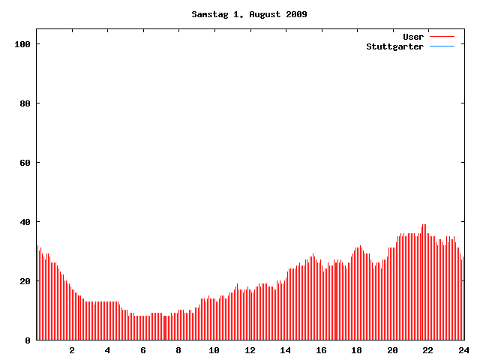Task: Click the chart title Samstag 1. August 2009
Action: pos(249,14)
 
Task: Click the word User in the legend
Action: pos(413,37)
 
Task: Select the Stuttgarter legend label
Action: pos(394,46)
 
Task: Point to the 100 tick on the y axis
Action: pos(22,44)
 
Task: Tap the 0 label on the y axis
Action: pos(28,340)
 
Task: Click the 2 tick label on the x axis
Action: pos(72,350)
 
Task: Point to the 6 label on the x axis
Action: pos(143,350)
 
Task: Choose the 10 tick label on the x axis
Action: pos(214,350)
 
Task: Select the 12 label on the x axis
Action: pos(250,350)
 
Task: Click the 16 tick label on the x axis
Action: pos(321,350)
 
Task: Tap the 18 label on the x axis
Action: pos(356,350)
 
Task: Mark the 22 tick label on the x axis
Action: pos(427,350)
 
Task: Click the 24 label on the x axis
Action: pos(463,350)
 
